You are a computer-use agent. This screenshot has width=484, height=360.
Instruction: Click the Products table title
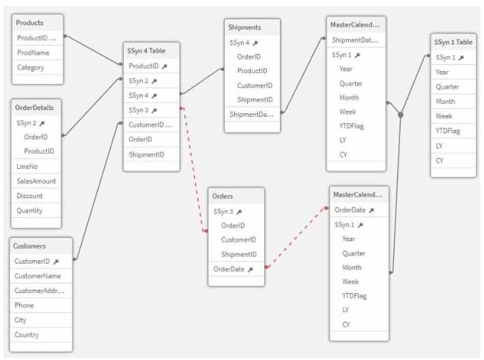[29, 23]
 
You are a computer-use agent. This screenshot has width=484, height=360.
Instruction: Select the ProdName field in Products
[33, 53]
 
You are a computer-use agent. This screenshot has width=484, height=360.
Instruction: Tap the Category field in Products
[31, 68]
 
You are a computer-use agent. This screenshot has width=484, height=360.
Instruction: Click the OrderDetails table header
[34, 107]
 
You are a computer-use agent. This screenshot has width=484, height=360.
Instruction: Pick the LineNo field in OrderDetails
[27, 166]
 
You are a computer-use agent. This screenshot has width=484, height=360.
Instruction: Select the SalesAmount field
[36, 181]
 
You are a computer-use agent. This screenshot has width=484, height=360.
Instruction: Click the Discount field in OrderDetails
[29, 195]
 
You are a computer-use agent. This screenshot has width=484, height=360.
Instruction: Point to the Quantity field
[29, 210]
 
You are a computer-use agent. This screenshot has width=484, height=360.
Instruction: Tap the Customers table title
[29, 246]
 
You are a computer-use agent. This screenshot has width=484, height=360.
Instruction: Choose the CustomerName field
[38, 276]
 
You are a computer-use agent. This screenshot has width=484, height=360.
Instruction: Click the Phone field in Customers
[24, 305]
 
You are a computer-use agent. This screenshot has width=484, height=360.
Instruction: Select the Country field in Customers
[27, 335]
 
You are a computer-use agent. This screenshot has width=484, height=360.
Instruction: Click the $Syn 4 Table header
[146, 51]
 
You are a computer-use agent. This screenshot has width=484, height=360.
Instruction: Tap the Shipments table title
[244, 27]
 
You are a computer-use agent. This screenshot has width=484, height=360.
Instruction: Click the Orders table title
[223, 196]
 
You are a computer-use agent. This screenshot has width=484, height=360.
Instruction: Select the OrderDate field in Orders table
[229, 269]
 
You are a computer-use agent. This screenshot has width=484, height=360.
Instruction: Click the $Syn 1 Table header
[453, 42]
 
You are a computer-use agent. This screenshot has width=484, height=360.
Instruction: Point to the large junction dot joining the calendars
[401, 115]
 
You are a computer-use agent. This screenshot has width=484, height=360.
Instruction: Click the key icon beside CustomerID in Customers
[56, 262]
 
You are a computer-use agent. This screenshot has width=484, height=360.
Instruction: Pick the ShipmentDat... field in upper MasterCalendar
[355, 40]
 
